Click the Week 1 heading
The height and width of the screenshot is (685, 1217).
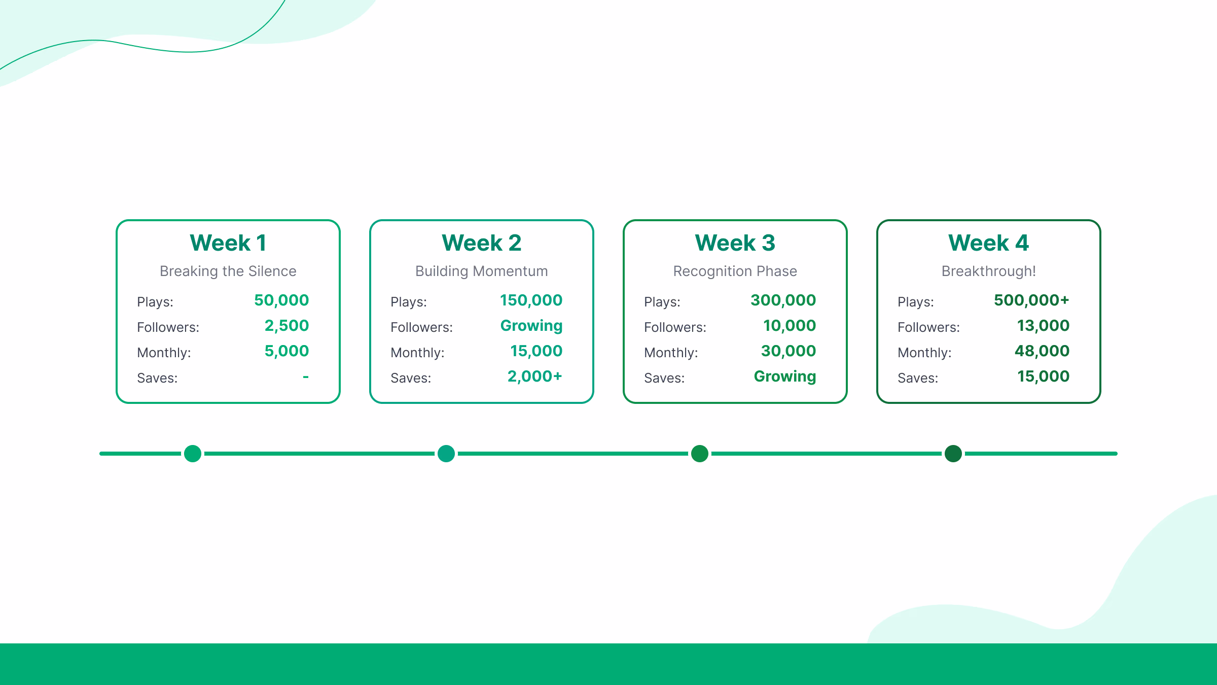[x=228, y=243]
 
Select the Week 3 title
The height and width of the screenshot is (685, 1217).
[x=735, y=243]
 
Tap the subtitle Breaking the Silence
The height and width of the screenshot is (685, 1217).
[x=228, y=271]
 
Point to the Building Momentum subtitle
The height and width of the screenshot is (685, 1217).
[x=481, y=271]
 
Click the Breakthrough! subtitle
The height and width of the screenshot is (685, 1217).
[x=988, y=271]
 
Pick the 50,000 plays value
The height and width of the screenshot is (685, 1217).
[x=281, y=300]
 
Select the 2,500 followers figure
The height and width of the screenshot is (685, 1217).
[x=287, y=326]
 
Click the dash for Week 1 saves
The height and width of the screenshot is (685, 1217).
[x=306, y=376]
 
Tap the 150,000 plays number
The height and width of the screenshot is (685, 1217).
[x=531, y=300]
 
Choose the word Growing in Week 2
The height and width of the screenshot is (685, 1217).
[x=531, y=326]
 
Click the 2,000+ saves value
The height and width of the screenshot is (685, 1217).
[x=534, y=376]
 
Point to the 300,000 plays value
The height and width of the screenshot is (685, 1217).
[x=783, y=300]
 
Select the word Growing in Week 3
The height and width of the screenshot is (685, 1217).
[x=785, y=376]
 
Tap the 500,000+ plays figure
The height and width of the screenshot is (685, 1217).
[x=1031, y=300]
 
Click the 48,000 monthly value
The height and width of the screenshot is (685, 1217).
[x=1042, y=351]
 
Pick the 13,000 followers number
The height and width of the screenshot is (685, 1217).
[x=1043, y=326]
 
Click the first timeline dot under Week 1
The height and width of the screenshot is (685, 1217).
[x=193, y=454]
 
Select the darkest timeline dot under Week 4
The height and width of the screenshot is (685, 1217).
[x=953, y=454]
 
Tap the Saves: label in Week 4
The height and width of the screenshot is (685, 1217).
[x=918, y=378]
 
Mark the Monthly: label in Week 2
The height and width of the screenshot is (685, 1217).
[x=417, y=353]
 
